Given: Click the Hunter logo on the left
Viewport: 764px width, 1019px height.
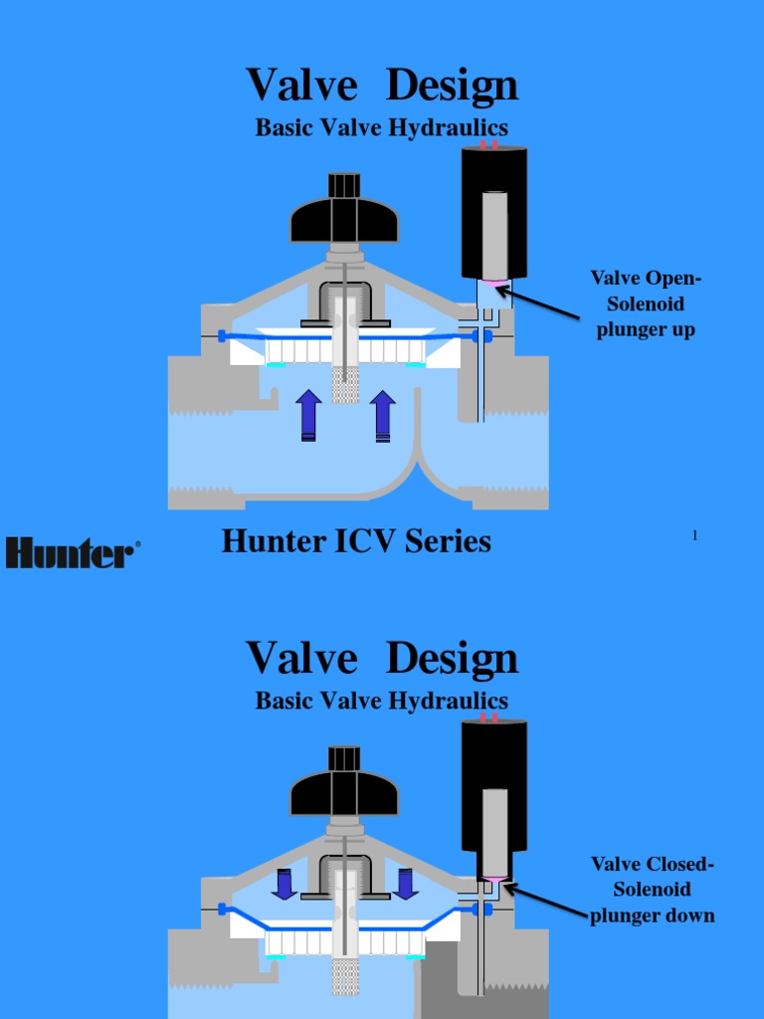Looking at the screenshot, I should (73, 552).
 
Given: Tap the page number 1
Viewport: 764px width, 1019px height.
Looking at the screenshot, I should (694, 536).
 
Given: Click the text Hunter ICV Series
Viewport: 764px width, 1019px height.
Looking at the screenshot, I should (356, 541).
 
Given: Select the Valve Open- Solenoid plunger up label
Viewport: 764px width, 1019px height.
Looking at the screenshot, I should (646, 304).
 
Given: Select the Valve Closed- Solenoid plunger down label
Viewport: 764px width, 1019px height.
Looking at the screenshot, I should (652, 890).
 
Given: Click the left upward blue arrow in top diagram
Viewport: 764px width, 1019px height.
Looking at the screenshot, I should (308, 415).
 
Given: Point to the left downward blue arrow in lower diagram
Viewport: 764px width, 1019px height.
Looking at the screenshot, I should (285, 883).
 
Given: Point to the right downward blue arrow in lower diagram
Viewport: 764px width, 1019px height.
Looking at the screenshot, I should (405, 883).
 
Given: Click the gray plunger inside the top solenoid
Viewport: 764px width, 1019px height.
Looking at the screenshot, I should (494, 235).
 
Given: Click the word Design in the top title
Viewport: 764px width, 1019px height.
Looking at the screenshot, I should (452, 86).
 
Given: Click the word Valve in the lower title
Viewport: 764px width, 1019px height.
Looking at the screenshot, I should (301, 658).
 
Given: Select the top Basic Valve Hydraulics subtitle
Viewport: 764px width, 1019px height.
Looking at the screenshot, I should (382, 128).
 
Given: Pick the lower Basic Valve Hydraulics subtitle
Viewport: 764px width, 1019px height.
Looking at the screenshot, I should (382, 701).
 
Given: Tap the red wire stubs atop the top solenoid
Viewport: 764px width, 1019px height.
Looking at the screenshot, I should (489, 144).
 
